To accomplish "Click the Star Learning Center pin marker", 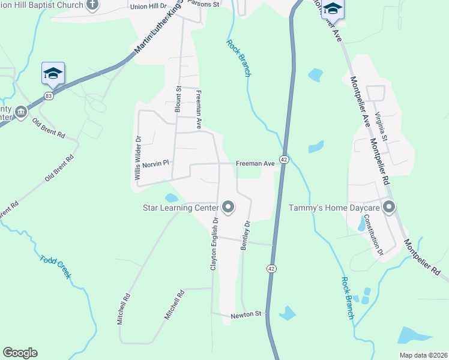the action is (x=228, y=208).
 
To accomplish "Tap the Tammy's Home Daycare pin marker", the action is (x=389, y=208).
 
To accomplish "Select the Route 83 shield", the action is (x=49, y=95).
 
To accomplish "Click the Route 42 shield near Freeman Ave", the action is (x=285, y=160).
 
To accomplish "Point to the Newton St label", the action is (x=246, y=314).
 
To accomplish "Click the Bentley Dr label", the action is (x=245, y=235).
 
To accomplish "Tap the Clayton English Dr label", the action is (x=214, y=242).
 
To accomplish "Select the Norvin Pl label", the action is (x=156, y=163).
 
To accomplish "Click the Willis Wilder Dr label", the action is (x=138, y=154).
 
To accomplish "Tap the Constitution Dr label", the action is (x=378, y=237).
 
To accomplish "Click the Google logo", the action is (x=20, y=353).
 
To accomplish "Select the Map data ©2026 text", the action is (x=423, y=355).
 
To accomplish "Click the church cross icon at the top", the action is (x=92, y=5).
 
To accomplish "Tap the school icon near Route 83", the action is (x=53, y=73).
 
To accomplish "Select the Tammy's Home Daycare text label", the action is (x=334, y=208).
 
